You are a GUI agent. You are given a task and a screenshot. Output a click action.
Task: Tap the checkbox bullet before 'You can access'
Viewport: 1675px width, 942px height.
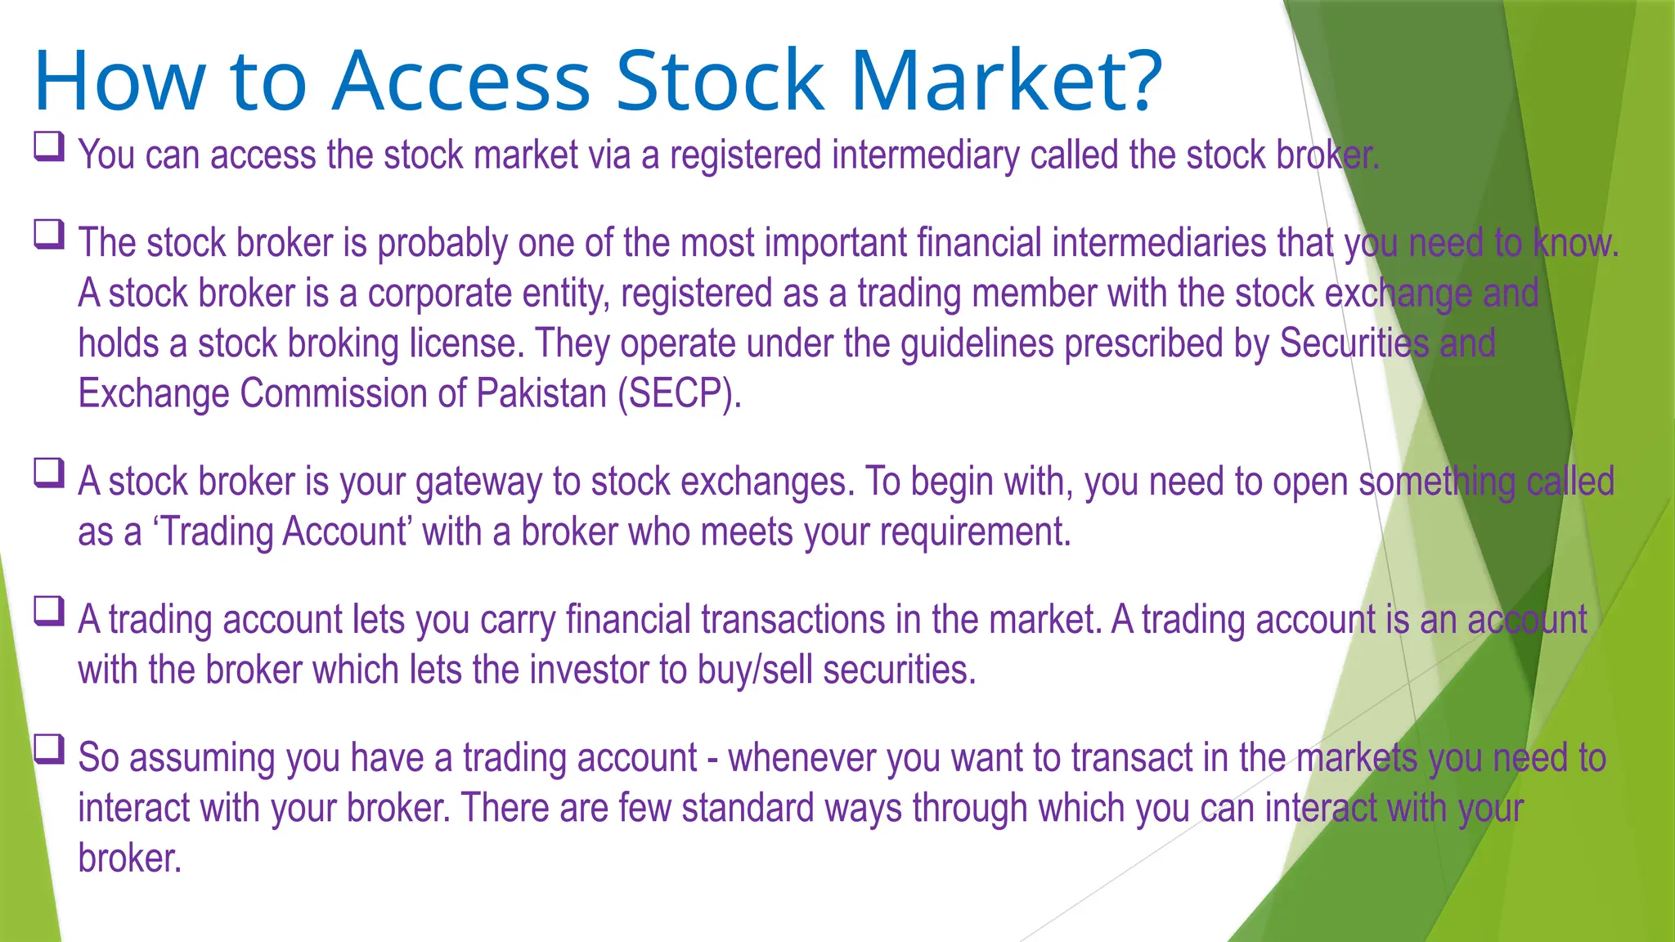point(49,147)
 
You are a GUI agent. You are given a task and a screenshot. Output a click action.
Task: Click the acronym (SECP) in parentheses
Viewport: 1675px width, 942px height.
point(679,393)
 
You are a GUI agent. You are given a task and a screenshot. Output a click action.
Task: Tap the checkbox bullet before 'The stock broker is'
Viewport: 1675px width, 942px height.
point(49,235)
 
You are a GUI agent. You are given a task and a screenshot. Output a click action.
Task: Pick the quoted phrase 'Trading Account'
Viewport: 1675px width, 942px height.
point(281,532)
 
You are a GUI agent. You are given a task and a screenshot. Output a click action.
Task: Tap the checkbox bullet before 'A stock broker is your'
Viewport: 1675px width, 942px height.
point(49,473)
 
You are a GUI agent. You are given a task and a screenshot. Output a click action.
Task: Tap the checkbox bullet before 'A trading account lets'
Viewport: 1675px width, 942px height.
point(49,612)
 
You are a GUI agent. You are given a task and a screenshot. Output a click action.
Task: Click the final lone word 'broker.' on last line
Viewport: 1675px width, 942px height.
point(129,858)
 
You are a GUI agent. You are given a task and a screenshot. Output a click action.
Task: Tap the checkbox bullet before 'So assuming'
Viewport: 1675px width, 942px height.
point(49,749)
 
